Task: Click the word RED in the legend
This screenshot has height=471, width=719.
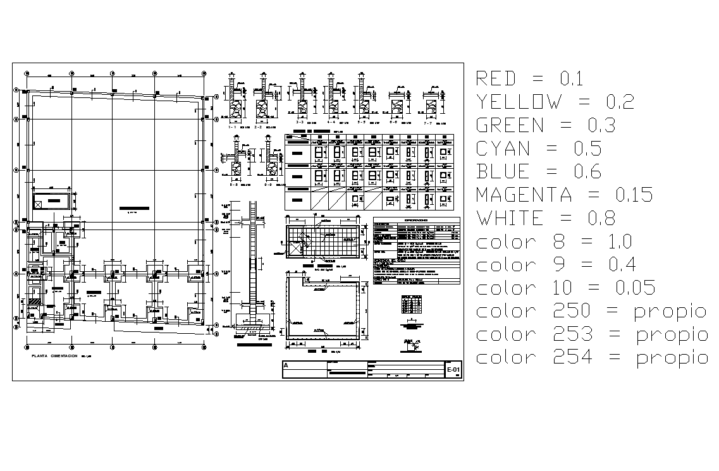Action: (496, 78)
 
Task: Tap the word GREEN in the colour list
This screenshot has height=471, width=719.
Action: (509, 125)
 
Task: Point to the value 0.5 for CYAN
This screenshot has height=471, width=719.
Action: (587, 149)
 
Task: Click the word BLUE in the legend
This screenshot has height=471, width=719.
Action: (503, 172)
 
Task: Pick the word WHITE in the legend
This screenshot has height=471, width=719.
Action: (510, 219)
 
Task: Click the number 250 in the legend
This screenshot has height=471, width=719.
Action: (573, 311)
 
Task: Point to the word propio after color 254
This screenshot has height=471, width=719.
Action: (672, 358)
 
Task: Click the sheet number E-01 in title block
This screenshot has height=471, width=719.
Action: (453, 369)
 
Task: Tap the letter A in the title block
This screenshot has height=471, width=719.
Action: (286, 365)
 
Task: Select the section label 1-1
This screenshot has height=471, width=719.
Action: (235, 127)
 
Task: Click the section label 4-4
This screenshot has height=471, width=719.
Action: (331, 123)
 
